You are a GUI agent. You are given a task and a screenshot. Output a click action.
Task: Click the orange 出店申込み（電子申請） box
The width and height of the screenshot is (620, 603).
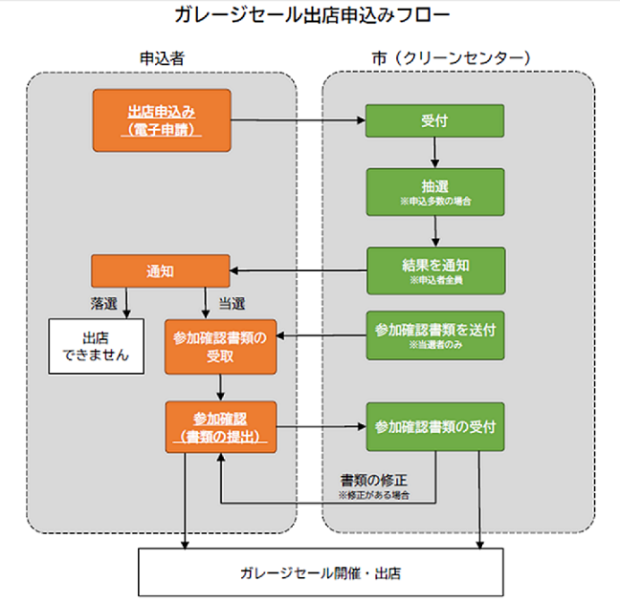pos(162,119)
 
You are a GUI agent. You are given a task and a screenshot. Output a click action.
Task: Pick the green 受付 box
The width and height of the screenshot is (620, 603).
pos(435,121)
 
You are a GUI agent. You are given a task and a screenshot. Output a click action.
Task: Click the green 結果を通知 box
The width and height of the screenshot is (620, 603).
pos(435,270)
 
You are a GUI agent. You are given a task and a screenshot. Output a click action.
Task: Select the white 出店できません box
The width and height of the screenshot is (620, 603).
pos(93,346)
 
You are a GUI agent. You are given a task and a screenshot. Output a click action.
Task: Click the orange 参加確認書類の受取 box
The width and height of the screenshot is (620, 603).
pos(220,346)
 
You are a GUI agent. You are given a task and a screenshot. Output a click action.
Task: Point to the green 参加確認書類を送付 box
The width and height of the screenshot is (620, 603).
pos(435,334)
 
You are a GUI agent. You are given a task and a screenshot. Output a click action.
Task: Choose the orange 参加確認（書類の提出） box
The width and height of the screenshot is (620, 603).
pos(220,425)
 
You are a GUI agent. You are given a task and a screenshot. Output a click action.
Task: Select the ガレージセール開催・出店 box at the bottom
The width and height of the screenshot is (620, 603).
pos(321,573)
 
